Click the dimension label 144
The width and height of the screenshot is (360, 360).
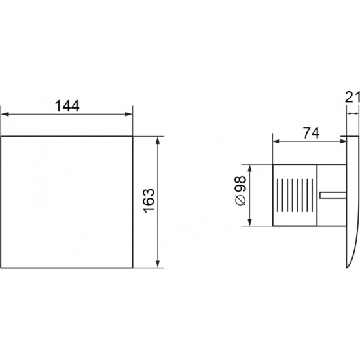click(67, 106)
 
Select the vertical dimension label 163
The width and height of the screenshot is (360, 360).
click(149, 201)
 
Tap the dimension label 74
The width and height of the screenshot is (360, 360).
click(311, 133)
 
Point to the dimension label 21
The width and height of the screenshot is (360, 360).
click(352, 97)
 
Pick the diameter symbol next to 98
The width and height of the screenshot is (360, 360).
click(241, 200)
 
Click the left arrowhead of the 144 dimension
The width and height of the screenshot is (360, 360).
click(5, 114)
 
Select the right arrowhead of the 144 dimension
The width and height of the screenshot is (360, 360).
click(129, 114)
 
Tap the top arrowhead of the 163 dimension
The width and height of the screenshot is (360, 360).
click(158, 140)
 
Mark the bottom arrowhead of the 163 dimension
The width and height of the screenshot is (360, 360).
click(158, 264)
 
